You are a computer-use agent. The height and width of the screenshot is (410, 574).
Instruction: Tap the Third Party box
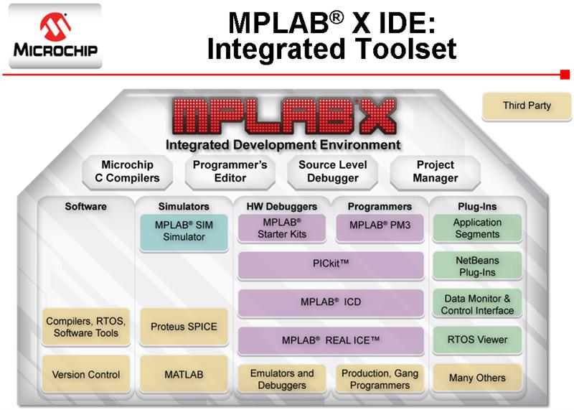point(527,106)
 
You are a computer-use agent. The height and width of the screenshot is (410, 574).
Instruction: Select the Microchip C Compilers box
point(130,171)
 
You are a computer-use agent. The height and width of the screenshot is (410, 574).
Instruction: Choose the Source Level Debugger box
point(328,171)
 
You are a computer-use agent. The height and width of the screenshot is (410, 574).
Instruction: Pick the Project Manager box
point(435,171)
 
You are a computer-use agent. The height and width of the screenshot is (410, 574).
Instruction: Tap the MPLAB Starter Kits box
point(281,228)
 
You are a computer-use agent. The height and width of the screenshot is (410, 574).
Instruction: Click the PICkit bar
point(330,265)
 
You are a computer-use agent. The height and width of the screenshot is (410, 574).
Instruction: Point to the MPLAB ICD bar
point(330,303)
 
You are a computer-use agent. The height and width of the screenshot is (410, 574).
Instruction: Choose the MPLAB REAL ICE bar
point(330,340)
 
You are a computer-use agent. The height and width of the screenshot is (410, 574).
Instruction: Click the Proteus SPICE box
point(184,327)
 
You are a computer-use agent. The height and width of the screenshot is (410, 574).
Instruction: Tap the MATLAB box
point(184,375)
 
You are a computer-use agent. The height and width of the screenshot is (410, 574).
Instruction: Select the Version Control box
point(86,375)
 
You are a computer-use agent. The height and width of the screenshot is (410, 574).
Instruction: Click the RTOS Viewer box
point(477,340)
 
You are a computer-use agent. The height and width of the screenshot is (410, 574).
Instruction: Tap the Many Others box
point(477,377)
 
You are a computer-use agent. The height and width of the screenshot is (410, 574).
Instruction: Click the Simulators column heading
point(184,207)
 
